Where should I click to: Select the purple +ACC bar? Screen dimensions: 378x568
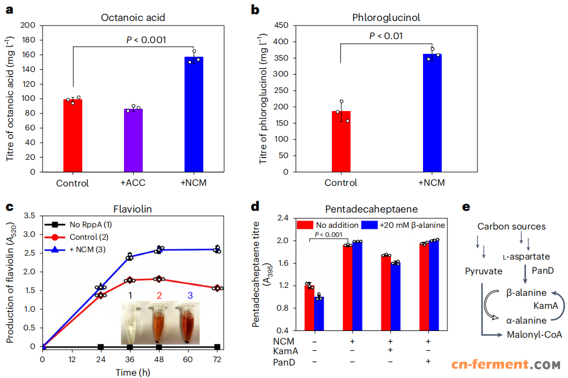tap(134, 140)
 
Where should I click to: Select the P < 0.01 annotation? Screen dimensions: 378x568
tap(387, 36)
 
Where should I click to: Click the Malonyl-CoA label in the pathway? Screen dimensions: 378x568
tap(535, 335)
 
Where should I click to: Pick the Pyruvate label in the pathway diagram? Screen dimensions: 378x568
tap(483, 271)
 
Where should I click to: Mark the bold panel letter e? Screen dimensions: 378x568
tap(466, 207)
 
